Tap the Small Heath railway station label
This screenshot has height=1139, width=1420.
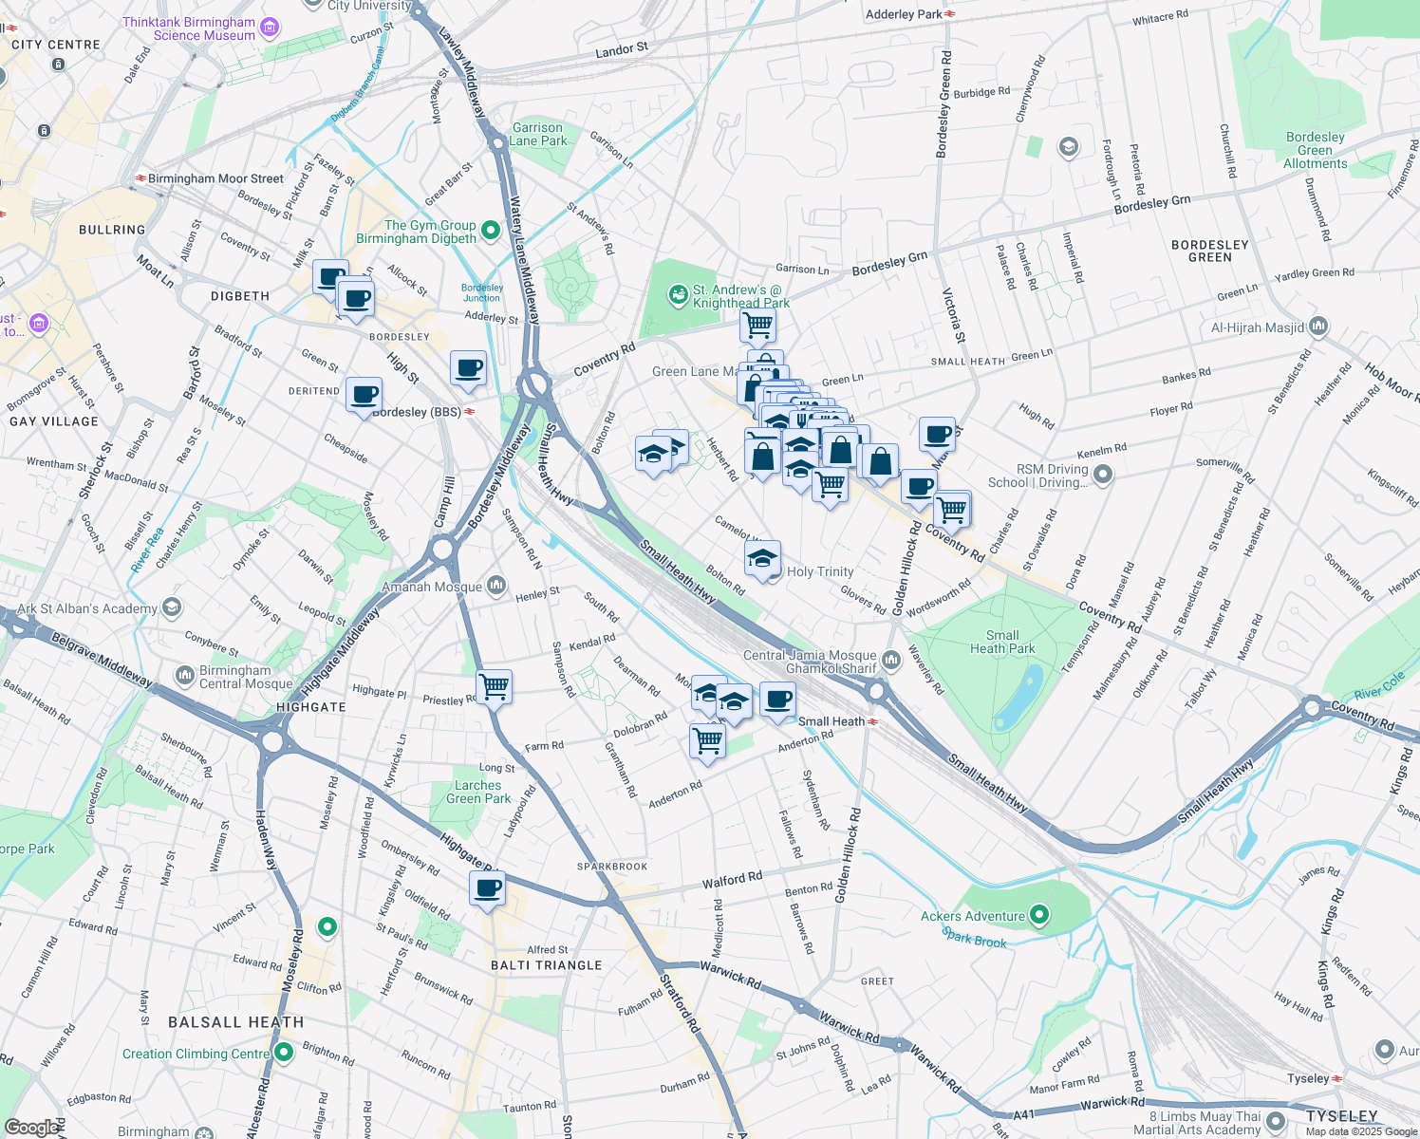click(831, 721)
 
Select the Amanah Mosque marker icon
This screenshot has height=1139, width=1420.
click(496, 587)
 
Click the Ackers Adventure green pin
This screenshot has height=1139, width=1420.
click(1039, 916)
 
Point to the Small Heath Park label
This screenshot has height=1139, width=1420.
click(1002, 643)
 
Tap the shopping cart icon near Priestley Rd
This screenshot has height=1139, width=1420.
click(494, 685)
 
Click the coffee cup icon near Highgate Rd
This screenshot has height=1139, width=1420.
click(487, 888)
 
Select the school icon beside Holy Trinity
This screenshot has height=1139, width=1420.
click(762, 560)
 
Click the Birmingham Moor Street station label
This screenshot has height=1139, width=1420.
click(215, 178)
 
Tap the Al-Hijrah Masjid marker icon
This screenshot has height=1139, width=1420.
click(1318, 327)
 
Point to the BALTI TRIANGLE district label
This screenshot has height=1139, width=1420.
click(547, 965)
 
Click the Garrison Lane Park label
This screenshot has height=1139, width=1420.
click(538, 135)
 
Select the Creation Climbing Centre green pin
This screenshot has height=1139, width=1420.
click(284, 1053)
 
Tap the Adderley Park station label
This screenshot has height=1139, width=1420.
click(904, 14)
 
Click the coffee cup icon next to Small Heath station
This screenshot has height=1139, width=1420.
click(778, 700)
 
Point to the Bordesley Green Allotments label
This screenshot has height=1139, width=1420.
click(1315, 150)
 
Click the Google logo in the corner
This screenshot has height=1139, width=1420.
click(32, 1127)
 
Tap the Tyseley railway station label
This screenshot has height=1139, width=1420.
click(1308, 1078)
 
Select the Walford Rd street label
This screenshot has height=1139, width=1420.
click(732, 880)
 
